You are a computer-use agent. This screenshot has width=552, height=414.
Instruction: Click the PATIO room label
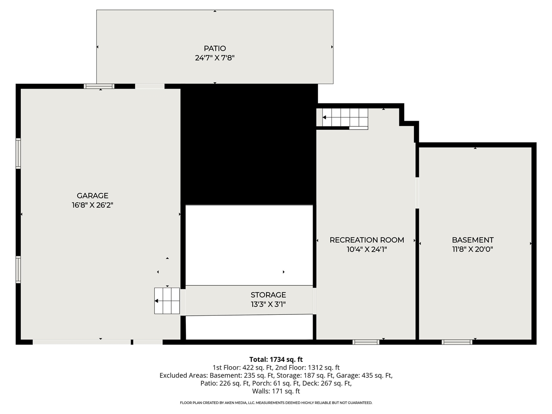click(215, 48)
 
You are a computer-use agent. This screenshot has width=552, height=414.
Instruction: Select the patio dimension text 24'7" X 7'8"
click(215, 58)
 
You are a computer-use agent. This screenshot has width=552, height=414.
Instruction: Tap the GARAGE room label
click(92, 196)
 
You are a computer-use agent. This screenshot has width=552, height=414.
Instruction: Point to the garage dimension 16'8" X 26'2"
click(92, 205)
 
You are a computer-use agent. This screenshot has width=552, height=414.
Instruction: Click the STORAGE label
click(268, 295)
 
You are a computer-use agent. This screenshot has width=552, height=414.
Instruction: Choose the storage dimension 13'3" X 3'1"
click(268, 304)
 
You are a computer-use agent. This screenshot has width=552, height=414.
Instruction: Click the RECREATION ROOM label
click(367, 240)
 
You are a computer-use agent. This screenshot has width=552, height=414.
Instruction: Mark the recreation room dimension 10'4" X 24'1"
click(367, 249)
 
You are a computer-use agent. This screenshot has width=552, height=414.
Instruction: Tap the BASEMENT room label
click(473, 240)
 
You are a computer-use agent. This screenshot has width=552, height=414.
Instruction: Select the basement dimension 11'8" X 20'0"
click(473, 249)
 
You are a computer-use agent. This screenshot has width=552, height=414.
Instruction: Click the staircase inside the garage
click(167, 301)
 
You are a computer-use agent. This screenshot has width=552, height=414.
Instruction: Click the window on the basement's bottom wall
click(457, 342)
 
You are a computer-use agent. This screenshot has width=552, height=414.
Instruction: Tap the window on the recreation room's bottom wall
click(366, 342)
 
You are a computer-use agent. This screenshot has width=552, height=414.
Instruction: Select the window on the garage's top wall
click(99, 86)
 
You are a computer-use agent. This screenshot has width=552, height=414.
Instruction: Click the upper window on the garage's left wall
click(18, 153)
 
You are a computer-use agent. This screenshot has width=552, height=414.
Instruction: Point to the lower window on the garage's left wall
click(18, 270)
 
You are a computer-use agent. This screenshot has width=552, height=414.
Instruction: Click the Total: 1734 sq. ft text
click(276, 359)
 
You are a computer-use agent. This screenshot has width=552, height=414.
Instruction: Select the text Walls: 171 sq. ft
click(276, 391)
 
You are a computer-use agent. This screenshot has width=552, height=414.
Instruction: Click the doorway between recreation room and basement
click(417, 193)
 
